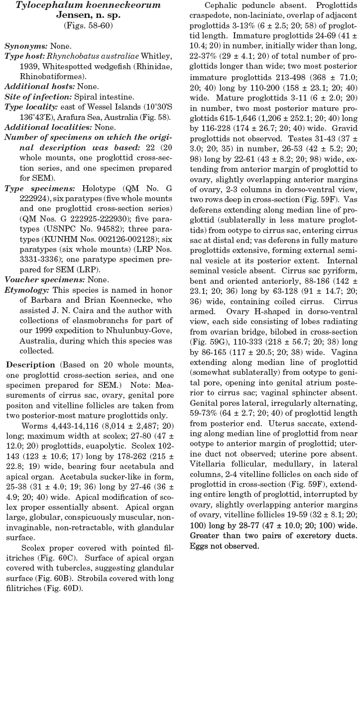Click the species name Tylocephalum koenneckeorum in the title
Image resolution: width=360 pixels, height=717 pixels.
point(88,5)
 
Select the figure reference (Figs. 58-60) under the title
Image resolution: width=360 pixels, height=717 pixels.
point(88,25)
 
